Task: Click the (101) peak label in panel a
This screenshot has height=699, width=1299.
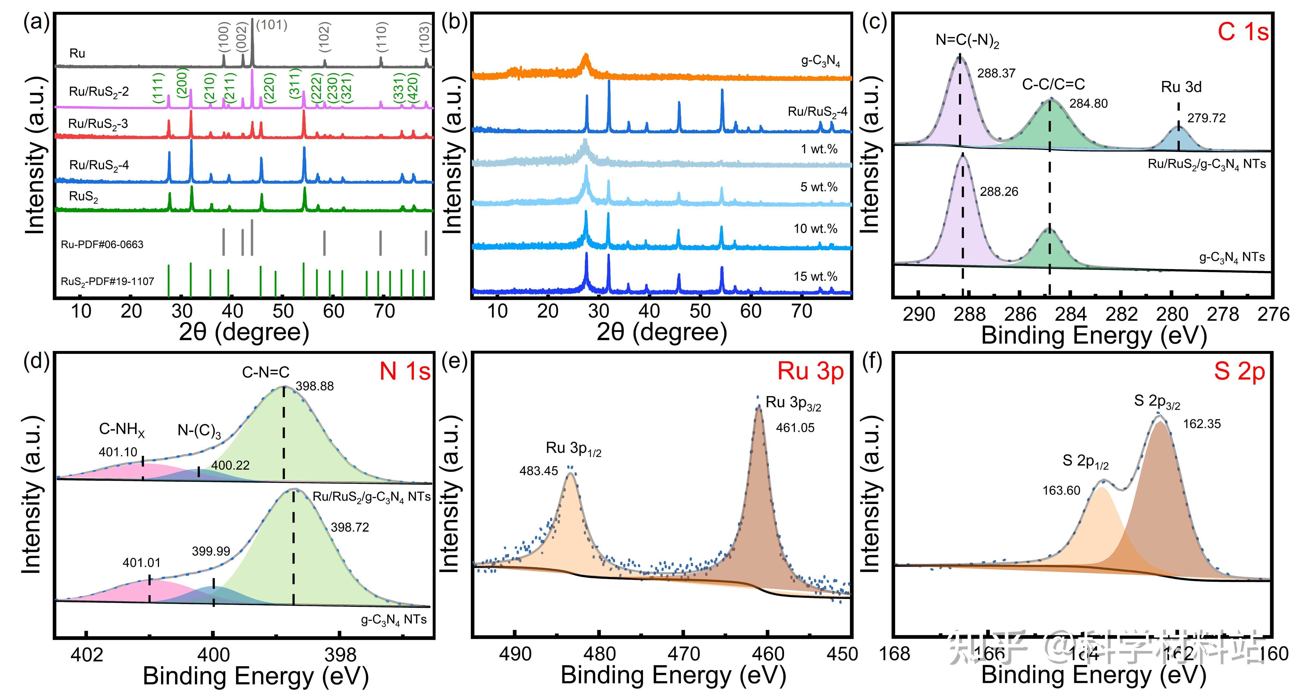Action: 272,25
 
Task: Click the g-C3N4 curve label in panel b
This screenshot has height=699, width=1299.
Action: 820,61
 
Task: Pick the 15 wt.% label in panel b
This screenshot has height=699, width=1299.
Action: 815,277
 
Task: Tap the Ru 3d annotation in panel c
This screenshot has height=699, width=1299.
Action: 1181,87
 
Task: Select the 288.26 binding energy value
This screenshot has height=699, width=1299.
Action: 999,192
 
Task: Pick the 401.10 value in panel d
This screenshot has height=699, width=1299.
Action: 118,452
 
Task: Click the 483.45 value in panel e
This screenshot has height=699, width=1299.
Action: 538,471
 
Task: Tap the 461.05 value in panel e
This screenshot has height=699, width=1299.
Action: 795,428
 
